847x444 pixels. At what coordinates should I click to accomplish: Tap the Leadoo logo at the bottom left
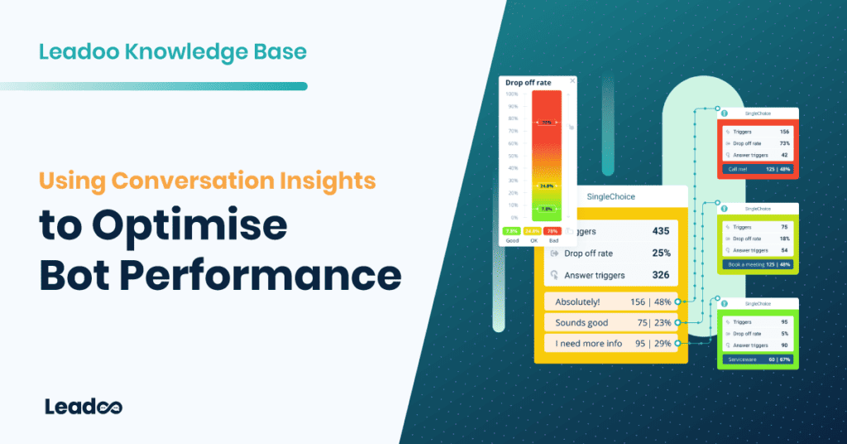click(84, 407)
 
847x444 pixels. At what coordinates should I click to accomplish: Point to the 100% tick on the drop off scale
click(512, 94)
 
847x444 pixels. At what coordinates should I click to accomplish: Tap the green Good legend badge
click(512, 231)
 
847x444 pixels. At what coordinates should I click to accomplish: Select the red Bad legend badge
click(553, 231)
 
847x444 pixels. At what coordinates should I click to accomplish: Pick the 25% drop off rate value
click(661, 253)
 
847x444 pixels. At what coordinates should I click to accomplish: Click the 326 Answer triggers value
click(659, 275)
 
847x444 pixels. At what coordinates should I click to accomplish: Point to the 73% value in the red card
click(782, 143)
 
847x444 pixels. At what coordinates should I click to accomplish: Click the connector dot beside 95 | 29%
click(677, 342)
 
